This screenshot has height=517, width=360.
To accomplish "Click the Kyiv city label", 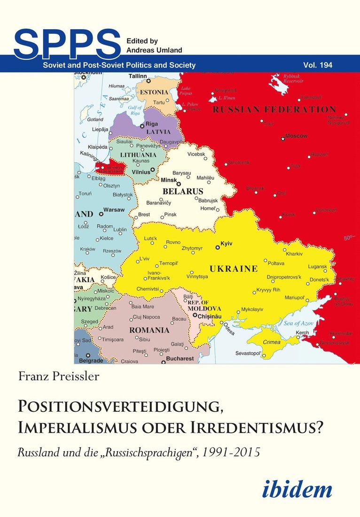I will pyautogui.click(x=227, y=243).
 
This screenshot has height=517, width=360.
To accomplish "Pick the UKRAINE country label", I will pyautogui.click(x=233, y=269).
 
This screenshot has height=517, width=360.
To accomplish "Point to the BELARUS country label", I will pyautogui.click(x=183, y=191).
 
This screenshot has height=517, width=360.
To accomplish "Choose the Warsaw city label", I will pyautogui.click(x=114, y=209).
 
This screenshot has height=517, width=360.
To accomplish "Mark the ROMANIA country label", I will pyautogui.click(x=149, y=330).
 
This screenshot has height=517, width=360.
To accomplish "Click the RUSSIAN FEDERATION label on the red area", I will pyautogui.click(x=274, y=110).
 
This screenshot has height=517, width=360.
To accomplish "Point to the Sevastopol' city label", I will pyautogui.click(x=248, y=353).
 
